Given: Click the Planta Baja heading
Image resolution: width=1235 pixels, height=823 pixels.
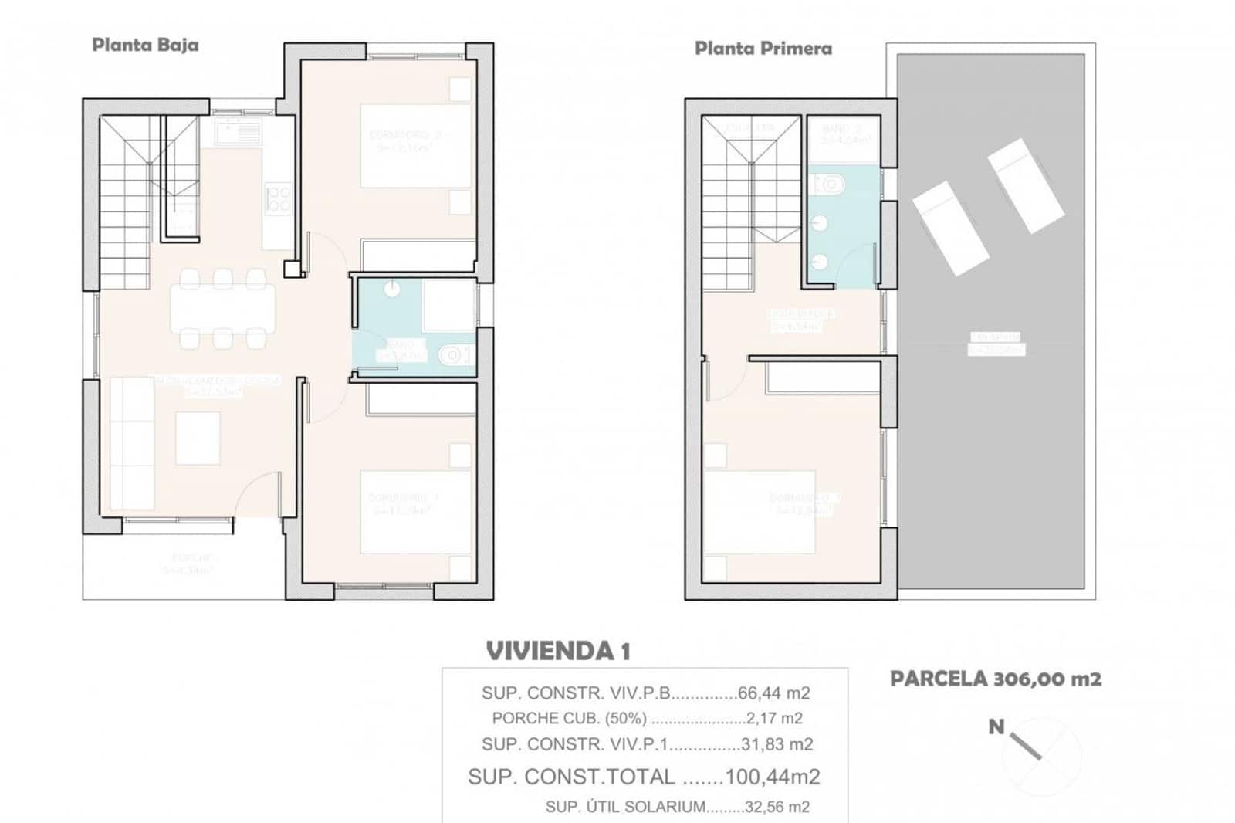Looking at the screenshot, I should coord(145,45).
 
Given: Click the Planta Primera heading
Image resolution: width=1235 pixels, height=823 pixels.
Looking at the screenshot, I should coord(763,49).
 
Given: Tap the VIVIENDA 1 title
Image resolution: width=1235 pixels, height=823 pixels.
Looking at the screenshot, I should coord(557,651).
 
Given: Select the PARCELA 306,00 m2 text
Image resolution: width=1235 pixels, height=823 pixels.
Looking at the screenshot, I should coord(995,679).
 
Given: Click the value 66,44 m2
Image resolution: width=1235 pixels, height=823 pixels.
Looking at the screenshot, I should coord(773,693).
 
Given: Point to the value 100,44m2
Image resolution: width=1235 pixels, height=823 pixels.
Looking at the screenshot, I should coord(773,777).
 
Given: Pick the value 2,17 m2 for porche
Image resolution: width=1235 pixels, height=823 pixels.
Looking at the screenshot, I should coord(774,718).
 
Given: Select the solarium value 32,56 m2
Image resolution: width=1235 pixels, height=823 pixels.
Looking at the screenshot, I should coord(777,807).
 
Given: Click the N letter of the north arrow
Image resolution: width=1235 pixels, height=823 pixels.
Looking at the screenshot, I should coord(996,726).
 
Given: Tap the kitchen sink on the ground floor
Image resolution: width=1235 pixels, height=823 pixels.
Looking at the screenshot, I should coord(240,134).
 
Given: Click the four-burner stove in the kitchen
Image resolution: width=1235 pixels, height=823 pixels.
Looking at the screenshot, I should coord(277,198).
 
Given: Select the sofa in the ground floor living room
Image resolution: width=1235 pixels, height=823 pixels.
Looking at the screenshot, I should coord(131,442).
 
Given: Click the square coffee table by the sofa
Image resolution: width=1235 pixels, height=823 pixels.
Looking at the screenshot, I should coord(198,438).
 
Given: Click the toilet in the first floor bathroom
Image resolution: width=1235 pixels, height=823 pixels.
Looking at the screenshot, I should coord(831,185).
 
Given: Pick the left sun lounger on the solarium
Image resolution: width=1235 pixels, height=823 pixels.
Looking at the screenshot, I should coord(950,228).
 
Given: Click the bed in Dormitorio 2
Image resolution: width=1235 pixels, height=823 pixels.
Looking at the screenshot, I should coord(415,146).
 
